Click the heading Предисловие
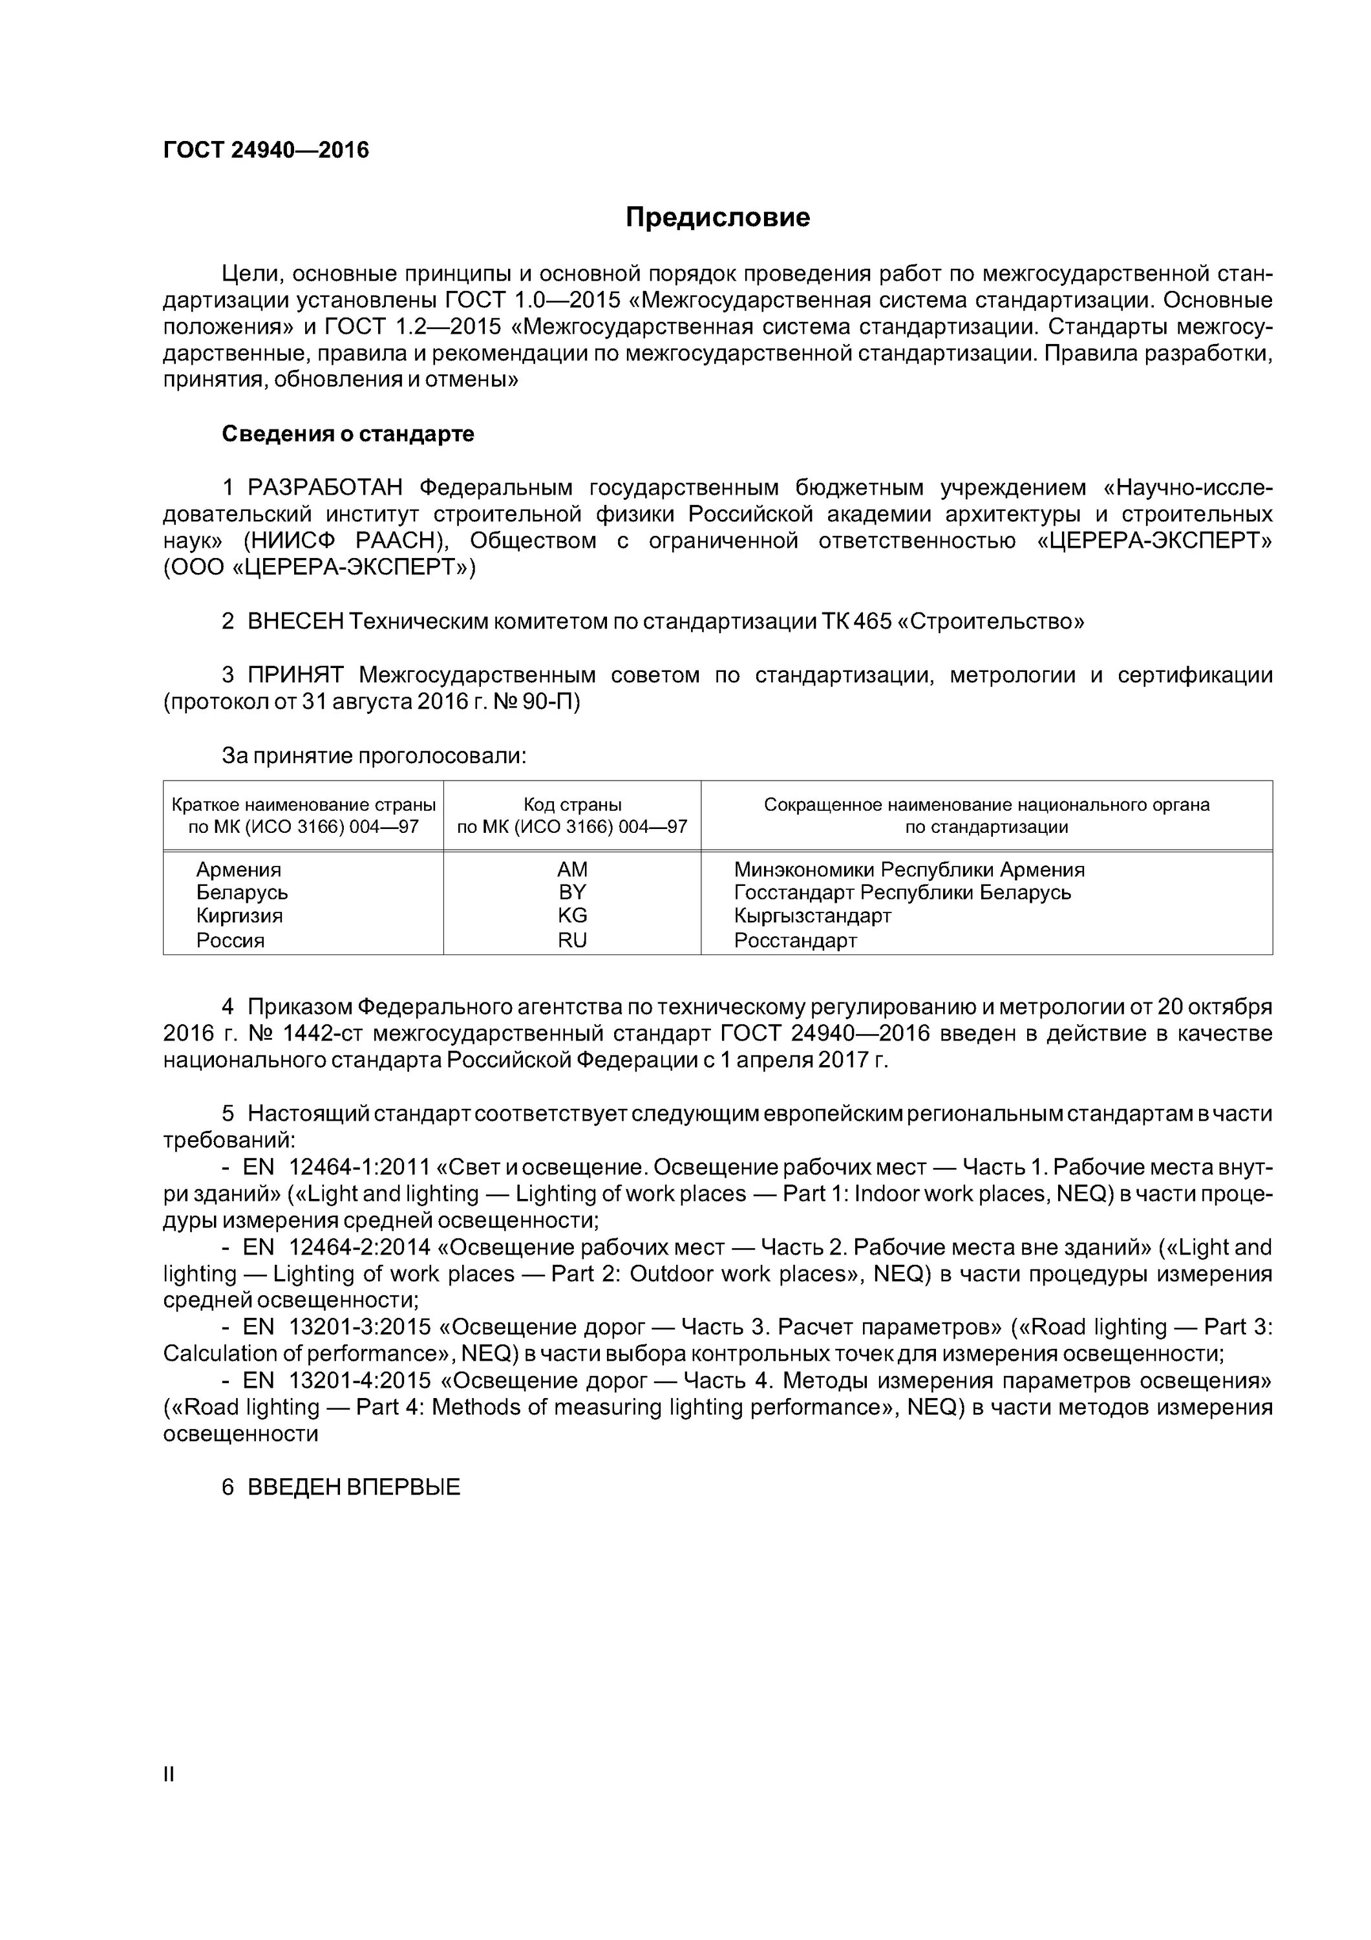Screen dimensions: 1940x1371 pyautogui.click(x=717, y=218)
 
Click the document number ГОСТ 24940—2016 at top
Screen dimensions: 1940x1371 pyautogui.click(x=266, y=151)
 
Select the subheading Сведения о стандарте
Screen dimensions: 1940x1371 pyautogui.click(x=348, y=435)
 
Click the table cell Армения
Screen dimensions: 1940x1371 pyautogui.click(x=239, y=870)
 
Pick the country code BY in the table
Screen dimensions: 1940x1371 pyautogui.click(x=572, y=892)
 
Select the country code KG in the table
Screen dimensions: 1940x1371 pyautogui.click(x=572, y=916)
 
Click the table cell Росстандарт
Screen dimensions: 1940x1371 pyautogui.click(x=795, y=940)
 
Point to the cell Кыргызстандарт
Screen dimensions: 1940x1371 pyautogui.click(x=813, y=916)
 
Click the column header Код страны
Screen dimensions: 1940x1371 pyautogui.click(x=572, y=804)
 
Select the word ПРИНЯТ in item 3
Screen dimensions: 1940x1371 pyautogui.click(x=295, y=675)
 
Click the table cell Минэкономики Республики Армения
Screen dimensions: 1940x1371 pyautogui.click(x=909, y=870)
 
